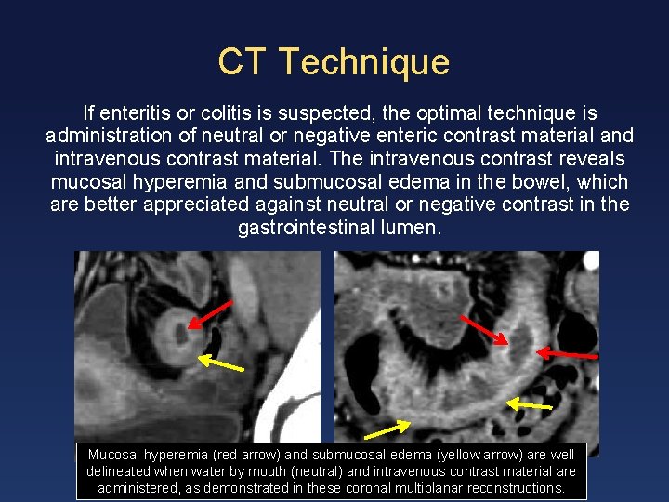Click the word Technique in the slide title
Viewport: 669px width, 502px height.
click(363, 62)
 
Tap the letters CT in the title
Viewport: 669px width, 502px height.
click(243, 62)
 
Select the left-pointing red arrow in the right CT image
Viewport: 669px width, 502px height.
click(567, 354)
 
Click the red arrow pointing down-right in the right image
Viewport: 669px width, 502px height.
click(484, 331)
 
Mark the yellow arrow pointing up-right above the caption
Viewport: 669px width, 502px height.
click(387, 429)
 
